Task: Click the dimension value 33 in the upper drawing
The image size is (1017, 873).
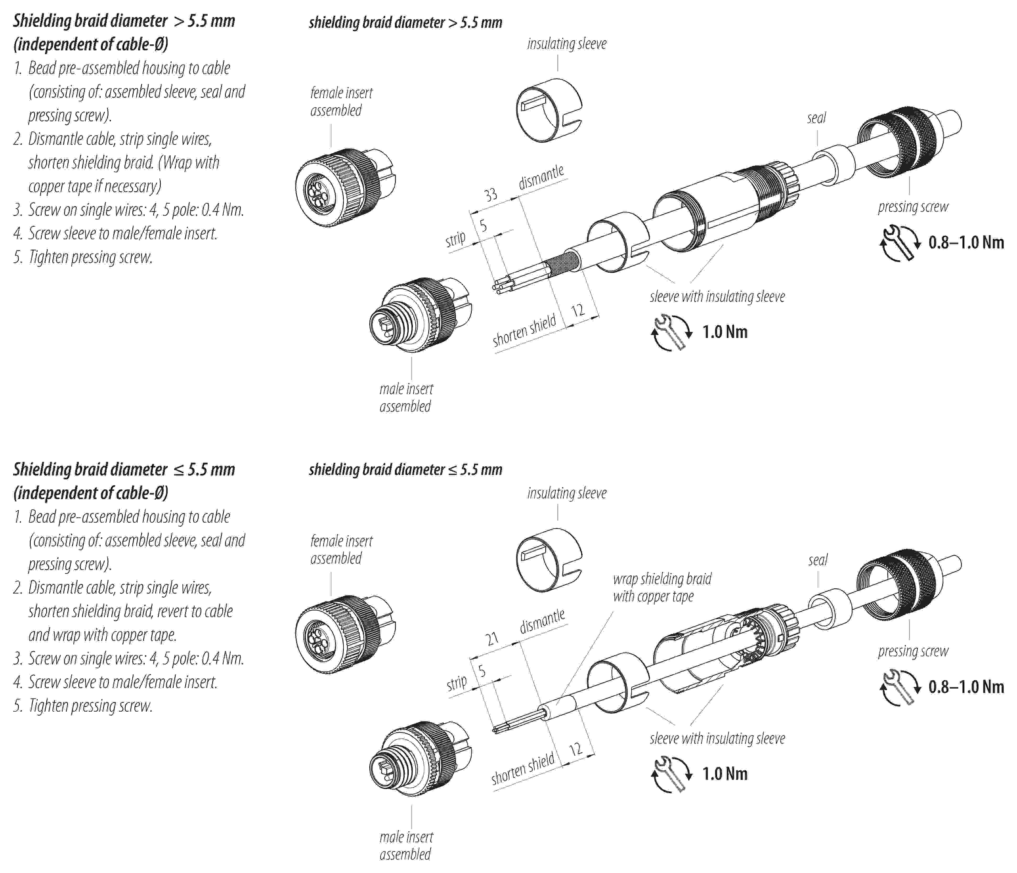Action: click(x=490, y=195)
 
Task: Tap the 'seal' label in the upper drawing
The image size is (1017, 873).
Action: click(x=816, y=118)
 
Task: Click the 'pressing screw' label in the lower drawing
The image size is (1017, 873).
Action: click(x=913, y=651)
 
